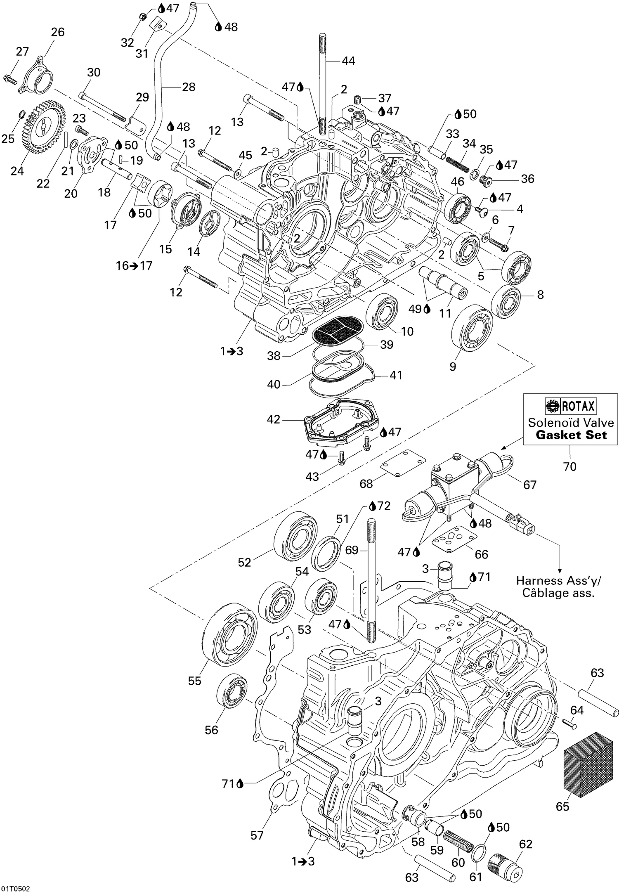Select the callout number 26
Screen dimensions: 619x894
pos(57,32)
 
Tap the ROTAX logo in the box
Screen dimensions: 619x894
pos(570,407)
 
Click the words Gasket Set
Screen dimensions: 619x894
pos(571,435)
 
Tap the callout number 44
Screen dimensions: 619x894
pos(348,61)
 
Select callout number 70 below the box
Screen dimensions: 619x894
pos(570,467)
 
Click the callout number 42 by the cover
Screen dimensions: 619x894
pos(273,419)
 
